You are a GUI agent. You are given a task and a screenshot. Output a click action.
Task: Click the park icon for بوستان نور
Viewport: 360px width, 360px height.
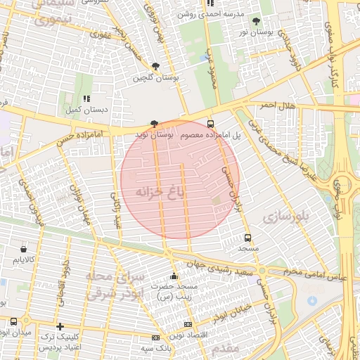pyautogui.click(x=255, y=22)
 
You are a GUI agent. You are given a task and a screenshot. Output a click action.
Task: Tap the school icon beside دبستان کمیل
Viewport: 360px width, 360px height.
pyautogui.click(x=86, y=99)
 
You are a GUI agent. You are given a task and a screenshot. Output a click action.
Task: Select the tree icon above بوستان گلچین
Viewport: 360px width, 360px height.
pyautogui.click(x=155, y=67)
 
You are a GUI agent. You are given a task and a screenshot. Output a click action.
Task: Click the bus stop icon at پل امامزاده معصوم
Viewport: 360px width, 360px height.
pyautogui.click(x=211, y=124)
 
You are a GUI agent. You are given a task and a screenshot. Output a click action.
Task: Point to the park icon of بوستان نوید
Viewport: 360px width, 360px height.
pyautogui.click(x=154, y=123)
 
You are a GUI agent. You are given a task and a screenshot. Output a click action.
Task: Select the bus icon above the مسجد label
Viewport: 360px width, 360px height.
pyautogui.click(x=247, y=238)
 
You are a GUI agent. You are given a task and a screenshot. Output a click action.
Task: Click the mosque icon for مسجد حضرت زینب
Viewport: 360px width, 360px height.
pyautogui.click(x=174, y=276)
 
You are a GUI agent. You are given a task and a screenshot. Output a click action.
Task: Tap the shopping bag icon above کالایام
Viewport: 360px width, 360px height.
pyautogui.click(x=25, y=248)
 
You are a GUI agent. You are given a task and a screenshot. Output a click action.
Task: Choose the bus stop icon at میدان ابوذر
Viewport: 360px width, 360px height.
pyautogui.click(x=14, y=321)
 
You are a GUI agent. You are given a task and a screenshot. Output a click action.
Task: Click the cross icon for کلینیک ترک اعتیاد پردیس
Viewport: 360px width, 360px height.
pyautogui.click(x=60, y=326)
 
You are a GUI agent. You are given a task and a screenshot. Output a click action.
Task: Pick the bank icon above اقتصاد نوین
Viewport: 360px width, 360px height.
pyautogui.click(x=187, y=324)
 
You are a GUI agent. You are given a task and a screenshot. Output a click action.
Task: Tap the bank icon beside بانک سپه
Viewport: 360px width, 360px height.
pyautogui.click(x=155, y=338)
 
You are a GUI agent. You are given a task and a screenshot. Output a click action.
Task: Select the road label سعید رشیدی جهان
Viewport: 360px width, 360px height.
pyautogui.click(x=224, y=266)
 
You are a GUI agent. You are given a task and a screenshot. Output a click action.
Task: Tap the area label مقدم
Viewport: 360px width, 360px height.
pyautogui.click(x=225, y=347)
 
